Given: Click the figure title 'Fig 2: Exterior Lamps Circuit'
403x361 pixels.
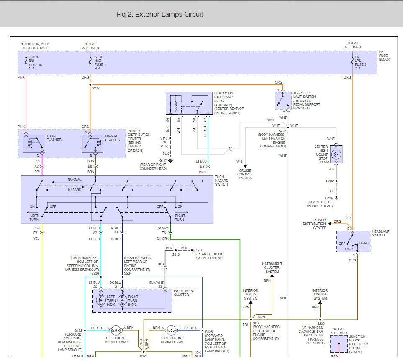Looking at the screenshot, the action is pyautogui.click(x=159, y=14).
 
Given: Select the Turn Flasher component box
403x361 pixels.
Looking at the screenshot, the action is pyautogui.click(x=33, y=143).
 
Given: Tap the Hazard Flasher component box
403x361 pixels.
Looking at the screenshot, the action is pyautogui.click(x=92, y=143).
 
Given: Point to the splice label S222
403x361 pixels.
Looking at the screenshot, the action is pyautogui.click(x=95, y=88).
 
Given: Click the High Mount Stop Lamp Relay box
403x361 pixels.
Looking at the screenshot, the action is pyautogui.click(x=189, y=103).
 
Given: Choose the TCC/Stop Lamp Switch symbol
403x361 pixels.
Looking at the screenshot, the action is pyautogui.click(x=283, y=101).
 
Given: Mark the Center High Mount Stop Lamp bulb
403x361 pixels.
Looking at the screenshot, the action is pyautogui.click(x=336, y=154).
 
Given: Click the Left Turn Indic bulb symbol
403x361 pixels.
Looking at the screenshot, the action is pyautogui.click(x=101, y=300).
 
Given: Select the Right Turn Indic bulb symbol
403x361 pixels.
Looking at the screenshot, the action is pyautogui.click(x=122, y=300).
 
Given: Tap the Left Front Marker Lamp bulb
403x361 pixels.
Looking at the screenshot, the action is pyautogui.click(x=116, y=330).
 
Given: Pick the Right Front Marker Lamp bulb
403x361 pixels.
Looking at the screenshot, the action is pyautogui.click(x=171, y=330).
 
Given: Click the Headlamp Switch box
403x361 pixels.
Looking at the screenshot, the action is pyautogui.click(x=353, y=242).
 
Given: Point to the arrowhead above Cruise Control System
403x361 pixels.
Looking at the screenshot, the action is pyautogui.click(x=245, y=166).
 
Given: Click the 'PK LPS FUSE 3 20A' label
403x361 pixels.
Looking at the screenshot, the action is pyautogui.click(x=360, y=63).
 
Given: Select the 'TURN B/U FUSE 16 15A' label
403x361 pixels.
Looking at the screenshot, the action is pyautogui.click(x=35, y=63).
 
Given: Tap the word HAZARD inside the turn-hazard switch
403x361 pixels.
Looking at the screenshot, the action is pyautogui.click(x=74, y=190).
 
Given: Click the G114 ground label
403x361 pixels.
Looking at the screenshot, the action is pyautogui.click(x=329, y=198).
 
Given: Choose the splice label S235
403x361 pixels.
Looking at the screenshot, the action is pyautogui.click(x=257, y=323).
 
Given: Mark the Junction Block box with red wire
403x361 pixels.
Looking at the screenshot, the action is pyautogui.click(x=339, y=344).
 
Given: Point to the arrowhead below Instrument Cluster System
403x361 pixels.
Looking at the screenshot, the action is pyautogui.click(x=272, y=276).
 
